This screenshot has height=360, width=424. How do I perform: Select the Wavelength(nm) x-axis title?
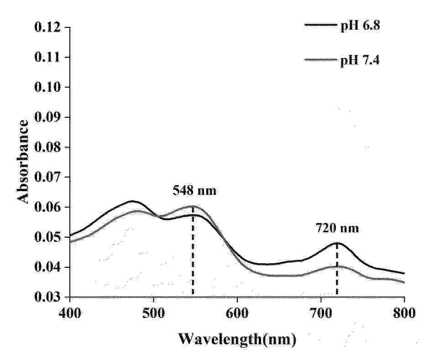coord(237,339)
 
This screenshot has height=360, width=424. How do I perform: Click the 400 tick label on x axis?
coord(70,314)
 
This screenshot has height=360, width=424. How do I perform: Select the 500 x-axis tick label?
coord(153,314)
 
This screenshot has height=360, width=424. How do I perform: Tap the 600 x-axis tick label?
coord(237,314)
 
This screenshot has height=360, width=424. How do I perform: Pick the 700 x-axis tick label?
coord(321,314)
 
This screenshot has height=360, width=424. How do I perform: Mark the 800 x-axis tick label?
coord(404,314)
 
